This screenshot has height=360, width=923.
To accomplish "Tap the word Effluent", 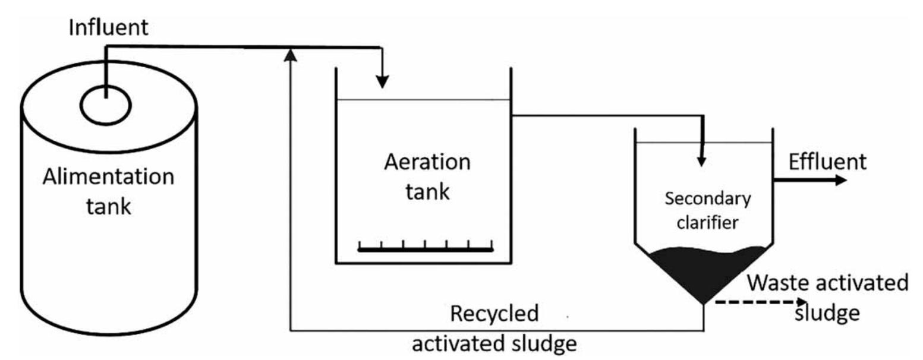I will pyautogui.click(x=827, y=161).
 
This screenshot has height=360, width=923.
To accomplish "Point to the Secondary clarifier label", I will pyautogui.click(x=707, y=210).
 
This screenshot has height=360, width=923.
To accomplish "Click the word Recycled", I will pyautogui.click(x=494, y=313).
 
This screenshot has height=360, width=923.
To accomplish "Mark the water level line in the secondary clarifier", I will pyautogui.click(x=704, y=142).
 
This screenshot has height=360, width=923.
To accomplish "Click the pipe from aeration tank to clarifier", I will pyautogui.click(x=606, y=116).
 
